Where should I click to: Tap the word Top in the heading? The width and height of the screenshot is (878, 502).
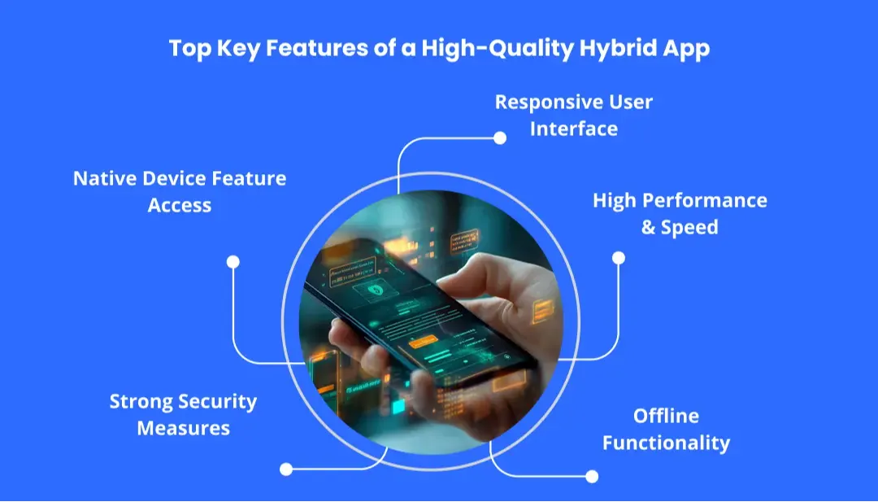189,47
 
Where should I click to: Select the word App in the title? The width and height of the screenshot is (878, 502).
684,47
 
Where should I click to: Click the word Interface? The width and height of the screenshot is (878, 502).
574,129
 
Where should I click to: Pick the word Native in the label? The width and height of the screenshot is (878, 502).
102,178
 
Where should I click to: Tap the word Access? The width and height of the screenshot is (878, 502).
180,205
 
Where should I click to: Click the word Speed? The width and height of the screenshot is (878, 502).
689,227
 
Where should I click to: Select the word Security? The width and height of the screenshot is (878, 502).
218,401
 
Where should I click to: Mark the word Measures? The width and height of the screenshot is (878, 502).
183,428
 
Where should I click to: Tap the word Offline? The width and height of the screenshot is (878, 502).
666,416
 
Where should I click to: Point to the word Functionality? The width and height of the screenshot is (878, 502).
666,443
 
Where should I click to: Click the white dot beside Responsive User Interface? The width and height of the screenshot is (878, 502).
500,138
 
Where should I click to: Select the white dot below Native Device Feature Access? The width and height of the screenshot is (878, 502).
233,262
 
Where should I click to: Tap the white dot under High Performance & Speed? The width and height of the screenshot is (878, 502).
618,258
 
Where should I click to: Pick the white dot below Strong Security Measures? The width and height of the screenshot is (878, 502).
285,469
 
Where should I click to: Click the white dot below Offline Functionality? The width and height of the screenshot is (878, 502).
592,476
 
